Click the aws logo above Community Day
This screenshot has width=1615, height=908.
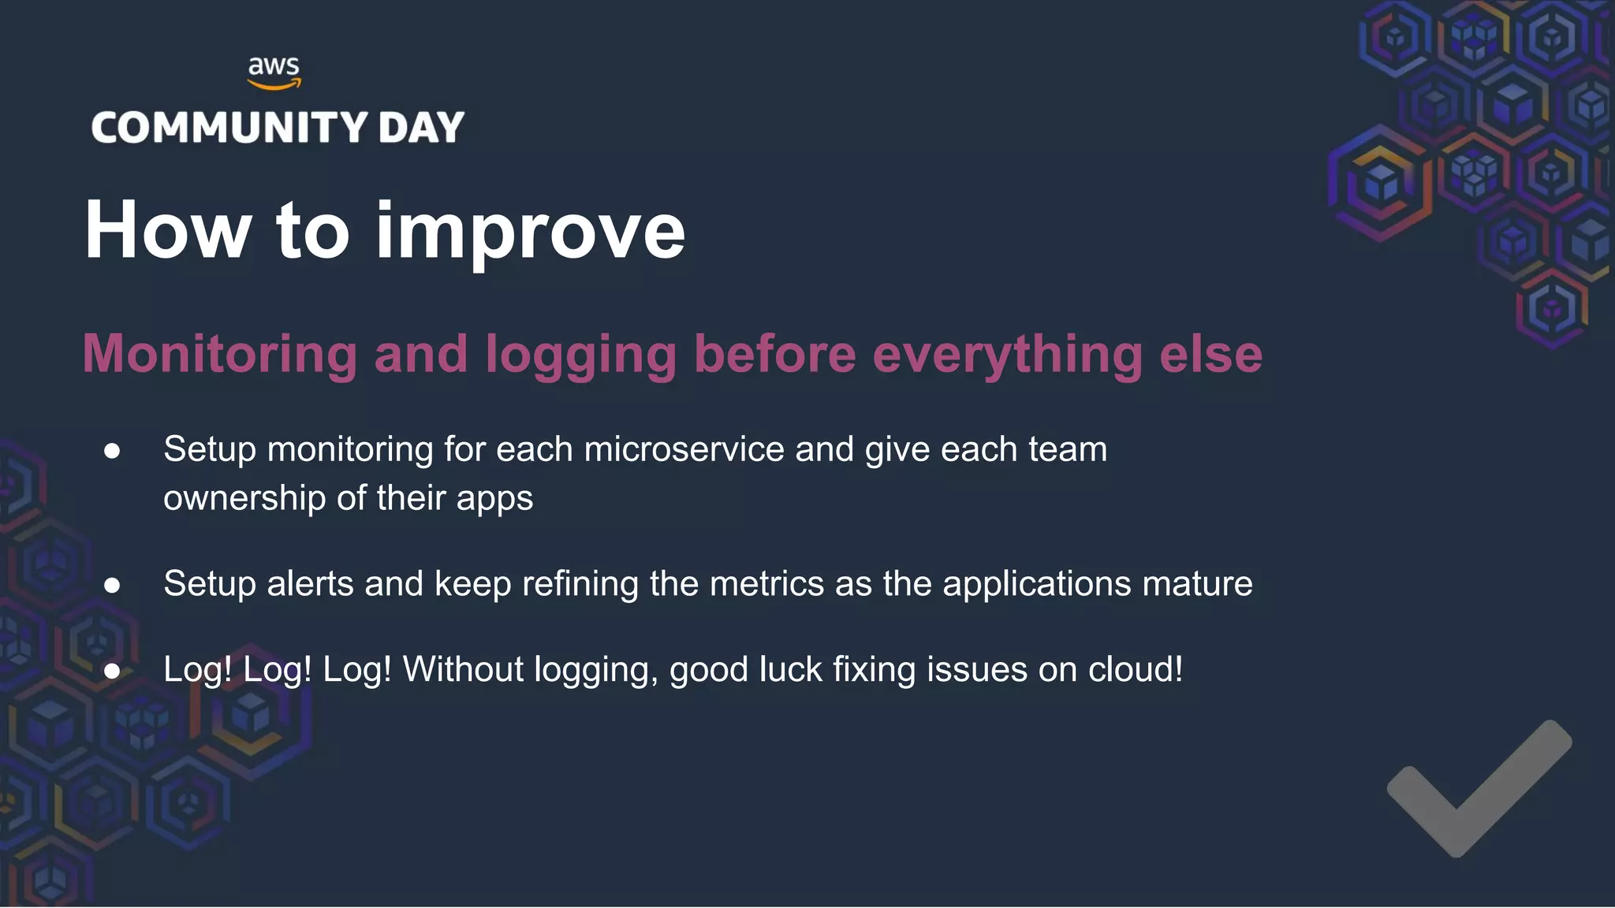click(274, 72)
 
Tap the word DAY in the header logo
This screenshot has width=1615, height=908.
click(421, 128)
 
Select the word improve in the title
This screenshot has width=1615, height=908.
click(530, 233)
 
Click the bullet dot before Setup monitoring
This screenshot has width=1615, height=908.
click(112, 451)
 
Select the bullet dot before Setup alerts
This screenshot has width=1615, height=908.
click(112, 586)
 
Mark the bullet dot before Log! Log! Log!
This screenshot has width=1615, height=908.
click(112, 671)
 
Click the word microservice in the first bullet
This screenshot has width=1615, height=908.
click(684, 449)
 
